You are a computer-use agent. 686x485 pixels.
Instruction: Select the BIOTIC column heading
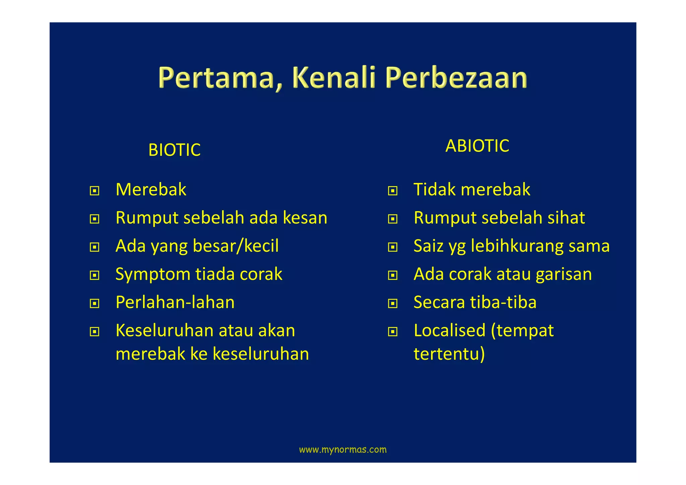(x=174, y=150)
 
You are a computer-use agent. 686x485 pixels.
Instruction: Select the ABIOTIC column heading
(x=477, y=146)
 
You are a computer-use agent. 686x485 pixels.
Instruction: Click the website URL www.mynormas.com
(x=343, y=449)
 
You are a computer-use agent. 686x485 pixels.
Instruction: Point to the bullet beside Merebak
(x=94, y=191)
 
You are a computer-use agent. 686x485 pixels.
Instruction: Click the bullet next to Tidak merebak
(x=393, y=191)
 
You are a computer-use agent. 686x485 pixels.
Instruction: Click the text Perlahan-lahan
(x=175, y=302)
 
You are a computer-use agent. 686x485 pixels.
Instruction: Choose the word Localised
(x=449, y=330)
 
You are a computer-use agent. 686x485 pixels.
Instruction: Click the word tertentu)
(x=449, y=354)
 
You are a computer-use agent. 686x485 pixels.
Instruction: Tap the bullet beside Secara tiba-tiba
(x=393, y=304)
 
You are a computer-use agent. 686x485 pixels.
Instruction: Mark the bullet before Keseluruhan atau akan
(x=94, y=332)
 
